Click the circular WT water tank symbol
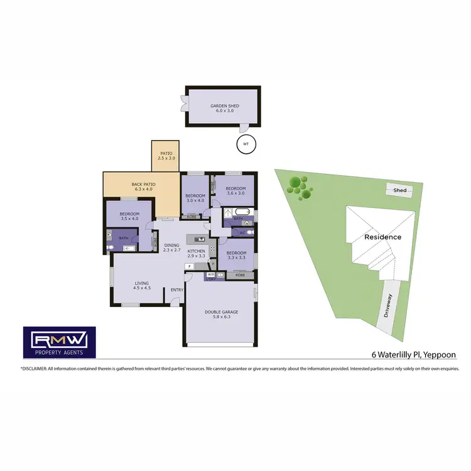[x=246, y=144]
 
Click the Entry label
[x=176, y=290]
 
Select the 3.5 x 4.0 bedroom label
[x=129, y=216]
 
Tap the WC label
[x=242, y=233]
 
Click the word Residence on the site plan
[x=383, y=237]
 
